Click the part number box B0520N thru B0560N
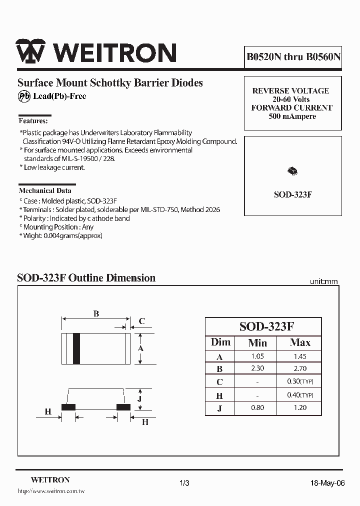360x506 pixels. pos(293,57)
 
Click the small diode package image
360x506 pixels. pos(292,171)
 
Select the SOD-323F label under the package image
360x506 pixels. pos(293,194)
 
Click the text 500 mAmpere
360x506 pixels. pos(292,116)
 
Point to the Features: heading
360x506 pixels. pos(33,120)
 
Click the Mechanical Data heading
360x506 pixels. pos(45,190)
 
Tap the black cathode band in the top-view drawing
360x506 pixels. pos(76,347)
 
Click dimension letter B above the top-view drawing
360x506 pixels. pos(96,314)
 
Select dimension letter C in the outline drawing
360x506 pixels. pos(142,321)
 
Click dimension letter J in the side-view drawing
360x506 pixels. pos(140,398)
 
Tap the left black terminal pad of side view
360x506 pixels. pos(68,407)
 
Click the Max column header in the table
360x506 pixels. pos(300,343)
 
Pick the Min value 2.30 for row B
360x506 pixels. pos(257,369)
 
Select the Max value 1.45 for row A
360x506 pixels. pos(300,356)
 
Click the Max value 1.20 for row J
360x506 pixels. pos(300,407)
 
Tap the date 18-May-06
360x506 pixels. pos(327,483)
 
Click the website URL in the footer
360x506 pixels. pos(51,492)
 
